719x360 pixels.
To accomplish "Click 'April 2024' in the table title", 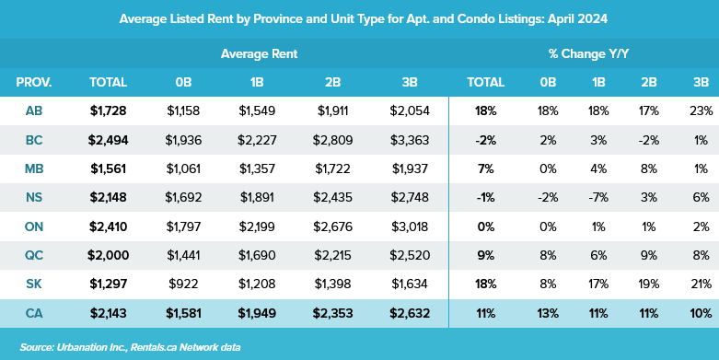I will pos(568,18).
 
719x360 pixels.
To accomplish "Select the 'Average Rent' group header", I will pos(259,54).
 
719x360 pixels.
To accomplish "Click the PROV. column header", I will pos(34,83).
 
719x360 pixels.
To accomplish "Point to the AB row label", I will pos(34,111).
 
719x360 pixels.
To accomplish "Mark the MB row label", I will pos(34,169).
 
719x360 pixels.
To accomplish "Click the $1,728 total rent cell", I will pos(108,111).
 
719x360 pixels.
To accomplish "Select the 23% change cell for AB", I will pos(701,111).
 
